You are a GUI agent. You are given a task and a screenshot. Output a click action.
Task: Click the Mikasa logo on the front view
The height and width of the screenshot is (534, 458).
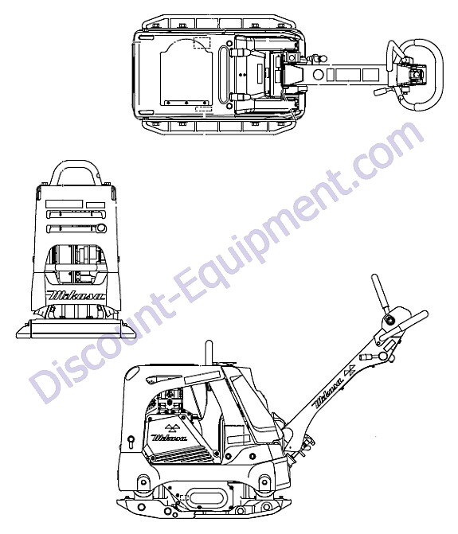click(x=76, y=294)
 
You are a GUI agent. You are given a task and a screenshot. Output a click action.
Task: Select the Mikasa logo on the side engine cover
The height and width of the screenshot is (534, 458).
click(x=170, y=437)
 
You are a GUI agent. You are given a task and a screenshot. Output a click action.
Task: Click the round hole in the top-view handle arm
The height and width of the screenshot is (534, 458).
click(x=319, y=74)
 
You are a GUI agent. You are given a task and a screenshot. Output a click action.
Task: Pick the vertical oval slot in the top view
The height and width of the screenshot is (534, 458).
click(x=225, y=74)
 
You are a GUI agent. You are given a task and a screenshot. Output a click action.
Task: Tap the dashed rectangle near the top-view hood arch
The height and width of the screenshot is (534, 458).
click(x=202, y=43)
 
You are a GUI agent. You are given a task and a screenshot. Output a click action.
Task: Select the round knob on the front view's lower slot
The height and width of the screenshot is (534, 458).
click(x=101, y=228)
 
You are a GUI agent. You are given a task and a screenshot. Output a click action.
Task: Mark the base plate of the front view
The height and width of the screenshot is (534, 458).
click(x=76, y=329)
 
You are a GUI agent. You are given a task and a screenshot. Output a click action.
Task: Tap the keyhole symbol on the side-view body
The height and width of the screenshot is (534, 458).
click(x=131, y=442)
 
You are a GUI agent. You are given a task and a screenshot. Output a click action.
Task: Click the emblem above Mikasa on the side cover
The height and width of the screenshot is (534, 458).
click(x=170, y=427)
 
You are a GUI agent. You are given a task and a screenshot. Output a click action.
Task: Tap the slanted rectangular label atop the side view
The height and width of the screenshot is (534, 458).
click(x=201, y=376)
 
